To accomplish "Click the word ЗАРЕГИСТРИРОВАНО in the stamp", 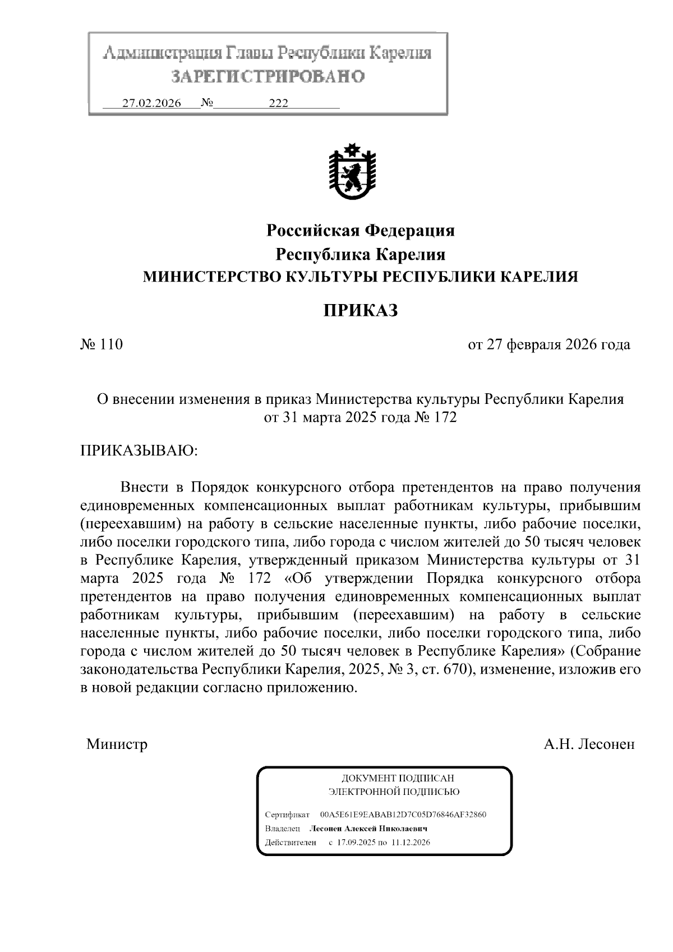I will [x=268, y=76].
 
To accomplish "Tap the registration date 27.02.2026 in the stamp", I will [x=151, y=103].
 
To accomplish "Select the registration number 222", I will [x=278, y=103].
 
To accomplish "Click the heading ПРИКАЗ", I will [x=361, y=310].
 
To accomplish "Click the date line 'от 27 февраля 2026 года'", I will [x=549, y=344].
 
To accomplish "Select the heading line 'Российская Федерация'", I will [x=361, y=230].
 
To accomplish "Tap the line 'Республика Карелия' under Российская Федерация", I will [x=361, y=255].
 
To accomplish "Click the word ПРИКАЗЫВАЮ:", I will [x=139, y=450].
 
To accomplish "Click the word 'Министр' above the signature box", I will [x=117, y=744].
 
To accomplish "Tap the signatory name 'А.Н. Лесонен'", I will [x=589, y=744].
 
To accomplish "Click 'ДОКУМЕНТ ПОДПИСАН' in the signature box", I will [x=398, y=778].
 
